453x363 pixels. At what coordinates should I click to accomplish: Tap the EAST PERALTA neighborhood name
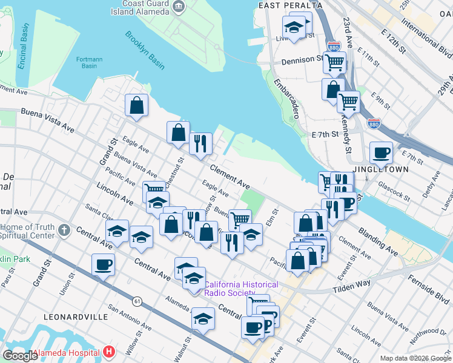tap(289, 5)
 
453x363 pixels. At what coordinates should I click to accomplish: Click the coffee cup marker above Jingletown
tap(381, 152)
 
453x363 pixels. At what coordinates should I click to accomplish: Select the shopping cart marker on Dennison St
tap(334, 61)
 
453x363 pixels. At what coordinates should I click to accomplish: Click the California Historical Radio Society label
tap(241, 289)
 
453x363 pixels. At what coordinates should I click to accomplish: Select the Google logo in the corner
tap(20, 355)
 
